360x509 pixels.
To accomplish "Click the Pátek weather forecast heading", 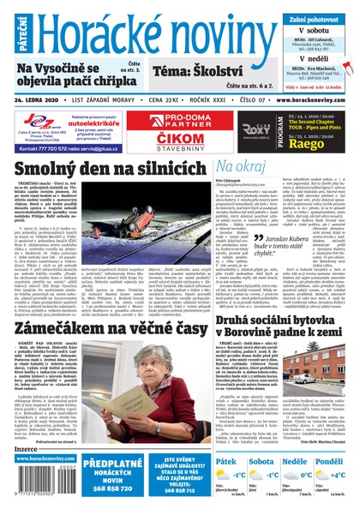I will point(227,461).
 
